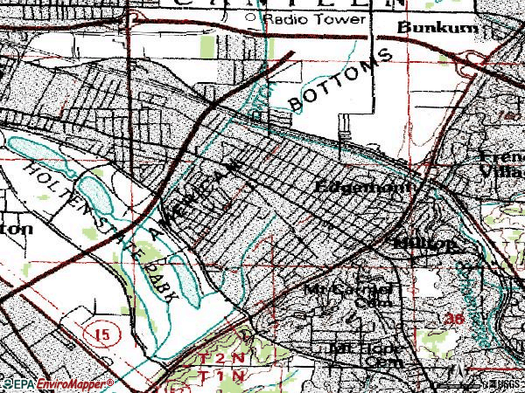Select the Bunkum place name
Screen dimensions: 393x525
click(x=426, y=28)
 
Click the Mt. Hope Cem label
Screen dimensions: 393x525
click(x=360, y=353)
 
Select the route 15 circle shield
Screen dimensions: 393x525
click(x=98, y=334)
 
